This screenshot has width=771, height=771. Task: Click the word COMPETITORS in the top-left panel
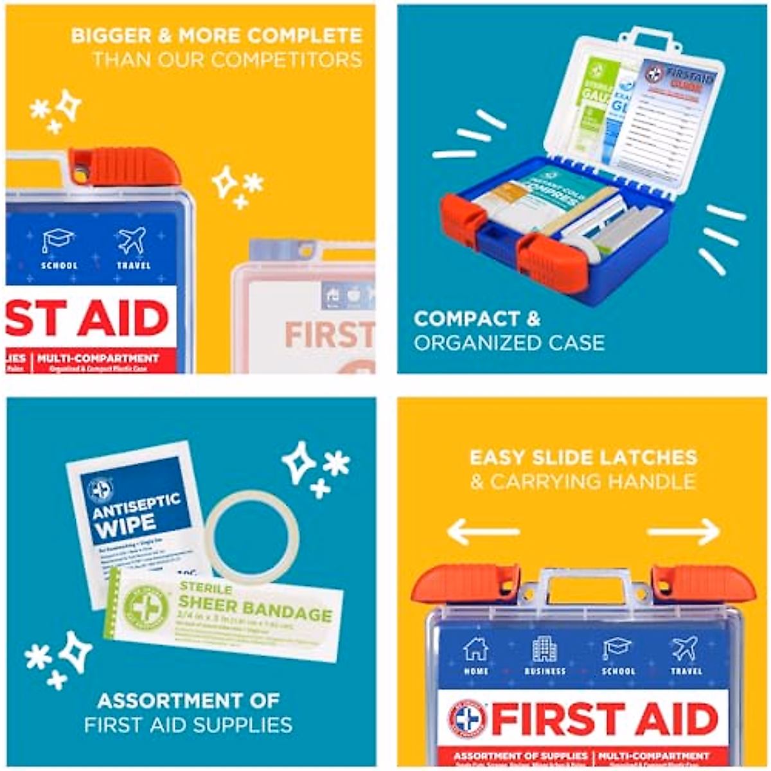click(x=287, y=60)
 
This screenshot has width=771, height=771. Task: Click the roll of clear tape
click(x=252, y=536)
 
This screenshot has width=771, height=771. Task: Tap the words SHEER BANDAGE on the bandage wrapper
click(x=255, y=608)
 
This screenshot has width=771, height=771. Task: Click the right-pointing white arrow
click(x=684, y=532)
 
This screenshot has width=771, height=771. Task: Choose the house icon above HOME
click(x=475, y=650)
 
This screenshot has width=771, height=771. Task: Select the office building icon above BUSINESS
click(x=545, y=650)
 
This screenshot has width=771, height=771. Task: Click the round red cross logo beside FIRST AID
click(x=468, y=718)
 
